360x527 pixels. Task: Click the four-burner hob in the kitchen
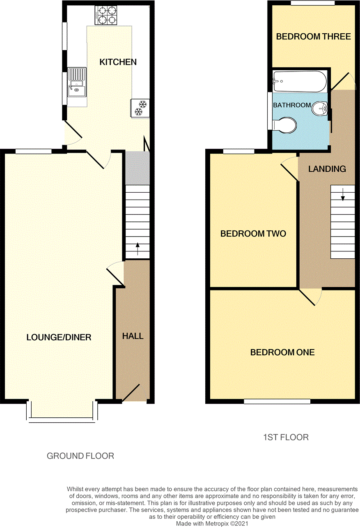[106, 15]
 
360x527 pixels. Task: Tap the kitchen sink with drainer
[77, 82]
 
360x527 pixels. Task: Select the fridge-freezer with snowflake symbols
[140, 108]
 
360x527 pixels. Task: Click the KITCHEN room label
[118, 62]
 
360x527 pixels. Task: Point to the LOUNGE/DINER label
[59, 337]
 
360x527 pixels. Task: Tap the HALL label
[133, 336]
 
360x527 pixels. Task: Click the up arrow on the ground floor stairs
[138, 249]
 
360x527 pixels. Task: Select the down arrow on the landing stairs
[343, 194]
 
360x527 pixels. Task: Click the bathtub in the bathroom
[300, 81]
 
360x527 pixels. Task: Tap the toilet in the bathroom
[284, 125]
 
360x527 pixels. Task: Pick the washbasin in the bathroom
[320, 108]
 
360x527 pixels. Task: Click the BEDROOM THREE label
[314, 37]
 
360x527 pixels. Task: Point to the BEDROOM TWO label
[253, 234]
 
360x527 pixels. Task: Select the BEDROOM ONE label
[282, 352]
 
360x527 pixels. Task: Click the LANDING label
[327, 169]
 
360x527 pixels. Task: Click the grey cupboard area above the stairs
[138, 168]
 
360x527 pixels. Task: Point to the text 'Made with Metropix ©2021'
[212, 523]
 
